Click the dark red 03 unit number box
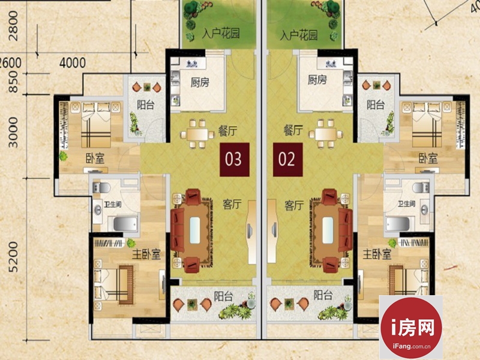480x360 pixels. (235, 160)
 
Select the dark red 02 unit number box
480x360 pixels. (288, 160)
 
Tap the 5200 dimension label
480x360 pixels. (13, 257)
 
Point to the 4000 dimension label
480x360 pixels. (73, 63)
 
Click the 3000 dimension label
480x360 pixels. (13, 133)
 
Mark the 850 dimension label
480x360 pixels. (13, 83)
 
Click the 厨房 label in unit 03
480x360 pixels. (200, 82)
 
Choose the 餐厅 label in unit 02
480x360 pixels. (293, 130)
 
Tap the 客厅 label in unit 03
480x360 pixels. (232, 204)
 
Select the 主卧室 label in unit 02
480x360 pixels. (377, 254)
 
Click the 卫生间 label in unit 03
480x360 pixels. (113, 204)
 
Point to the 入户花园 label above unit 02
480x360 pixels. (298, 35)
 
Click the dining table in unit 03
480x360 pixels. (197, 134)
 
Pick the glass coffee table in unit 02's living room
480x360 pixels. (328, 230)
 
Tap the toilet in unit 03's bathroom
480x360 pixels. (101, 187)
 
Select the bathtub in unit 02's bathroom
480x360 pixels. (398, 224)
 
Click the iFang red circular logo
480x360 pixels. (411, 327)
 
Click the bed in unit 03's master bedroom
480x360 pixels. (113, 285)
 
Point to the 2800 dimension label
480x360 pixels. (13, 26)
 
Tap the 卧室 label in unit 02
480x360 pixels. (428, 158)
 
